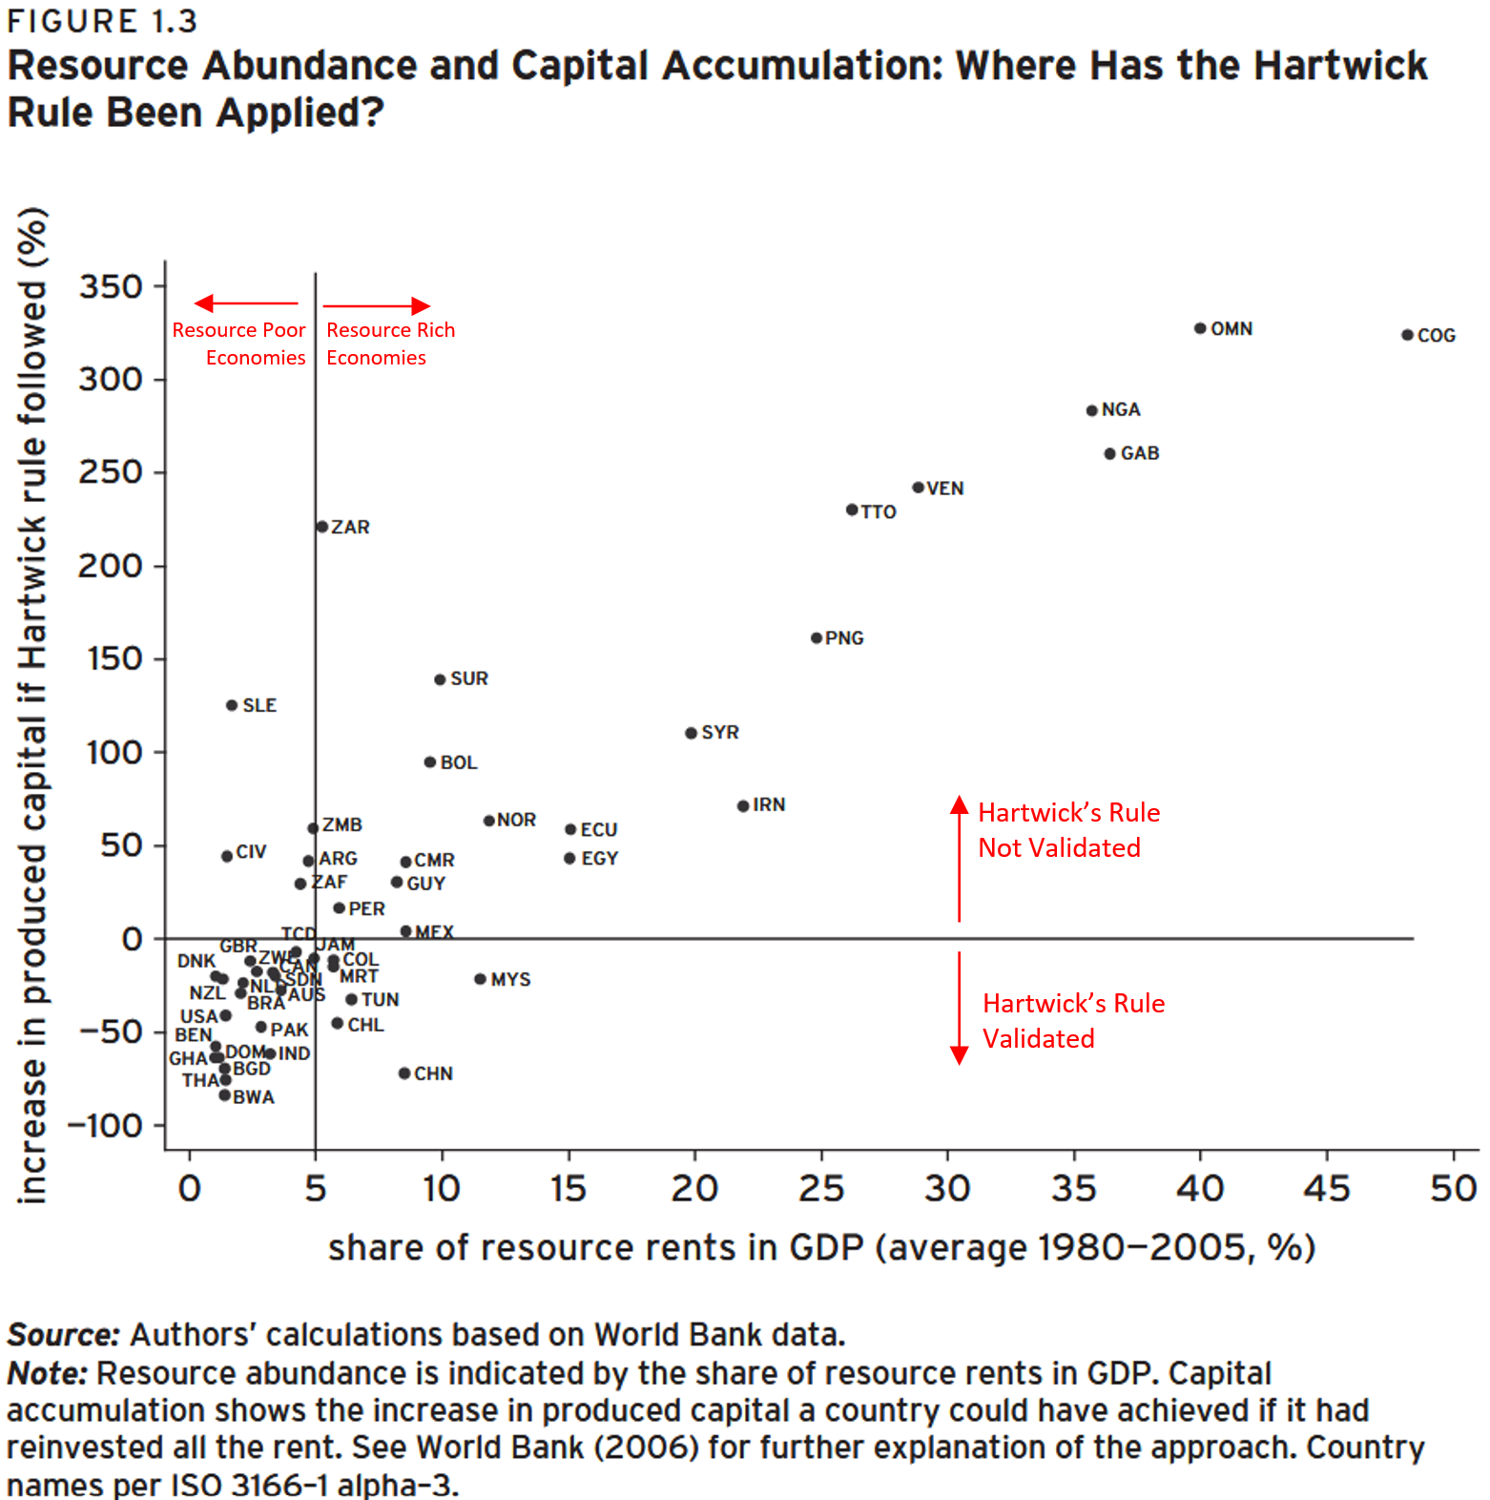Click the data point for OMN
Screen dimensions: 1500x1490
tap(1200, 328)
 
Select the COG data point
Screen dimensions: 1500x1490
tap(1407, 335)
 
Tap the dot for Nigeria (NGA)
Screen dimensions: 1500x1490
tap(1092, 410)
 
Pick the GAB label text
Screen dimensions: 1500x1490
tap(1140, 453)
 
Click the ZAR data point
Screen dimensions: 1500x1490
tap(322, 527)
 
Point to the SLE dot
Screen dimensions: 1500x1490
tap(232, 705)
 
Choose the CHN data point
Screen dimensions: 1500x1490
tap(404, 1073)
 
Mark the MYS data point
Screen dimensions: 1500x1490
tap(481, 979)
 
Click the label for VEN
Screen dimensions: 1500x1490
tap(945, 489)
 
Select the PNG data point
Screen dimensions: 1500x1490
tap(817, 637)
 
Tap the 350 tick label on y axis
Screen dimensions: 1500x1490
tap(111, 286)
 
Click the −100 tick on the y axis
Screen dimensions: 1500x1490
tap(105, 1126)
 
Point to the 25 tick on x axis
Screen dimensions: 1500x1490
tap(821, 1189)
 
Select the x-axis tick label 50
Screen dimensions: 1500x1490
tap(1453, 1189)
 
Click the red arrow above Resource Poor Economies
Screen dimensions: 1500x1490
tap(245, 303)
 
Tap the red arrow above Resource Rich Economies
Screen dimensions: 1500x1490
tap(377, 305)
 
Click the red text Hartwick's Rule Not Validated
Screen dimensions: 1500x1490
tap(1068, 830)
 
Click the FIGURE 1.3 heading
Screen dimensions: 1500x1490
tap(102, 21)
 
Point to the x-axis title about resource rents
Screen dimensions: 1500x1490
tap(821, 1247)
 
